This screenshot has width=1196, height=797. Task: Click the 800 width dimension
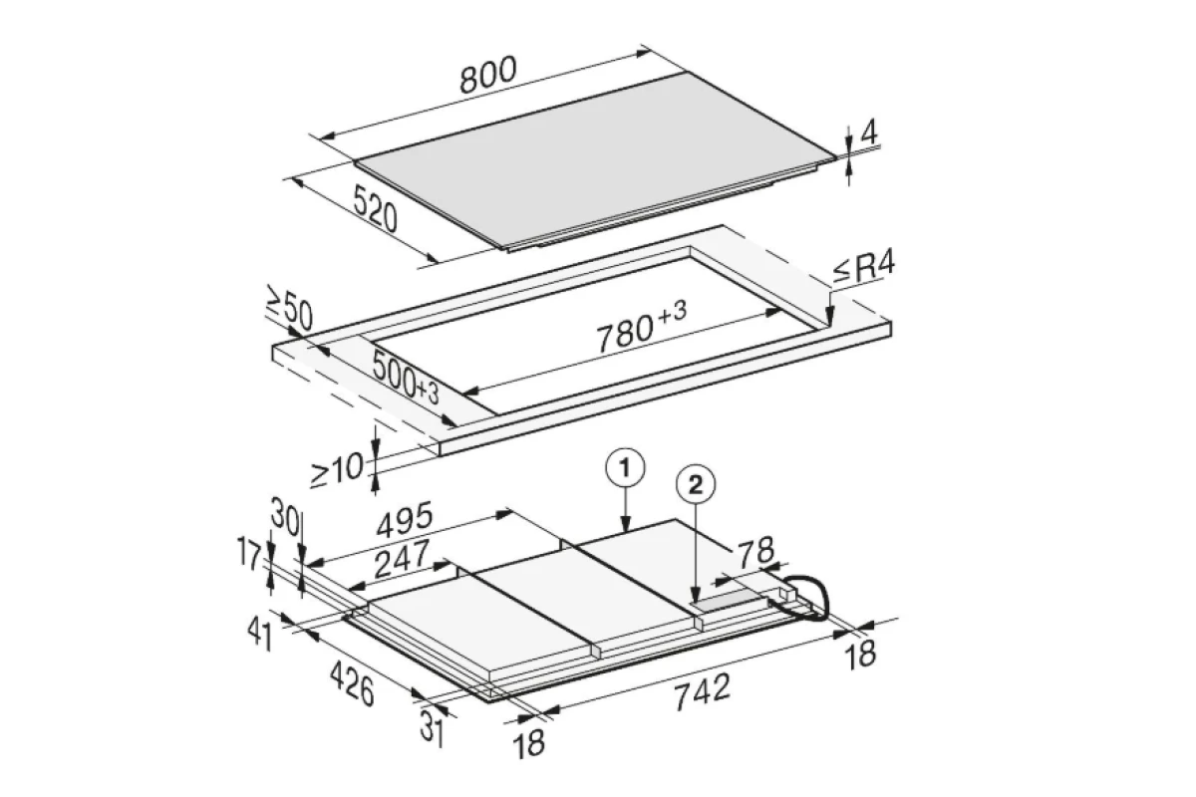(488, 75)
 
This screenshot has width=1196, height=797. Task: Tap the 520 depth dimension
(376, 208)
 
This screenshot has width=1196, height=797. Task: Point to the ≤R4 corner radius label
(863, 268)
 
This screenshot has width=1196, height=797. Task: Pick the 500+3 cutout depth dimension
(406, 377)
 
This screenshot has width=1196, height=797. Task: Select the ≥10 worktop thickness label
(337, 470)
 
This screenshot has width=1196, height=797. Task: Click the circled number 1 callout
(625, 468)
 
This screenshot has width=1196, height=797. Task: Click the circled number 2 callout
(696, 485)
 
